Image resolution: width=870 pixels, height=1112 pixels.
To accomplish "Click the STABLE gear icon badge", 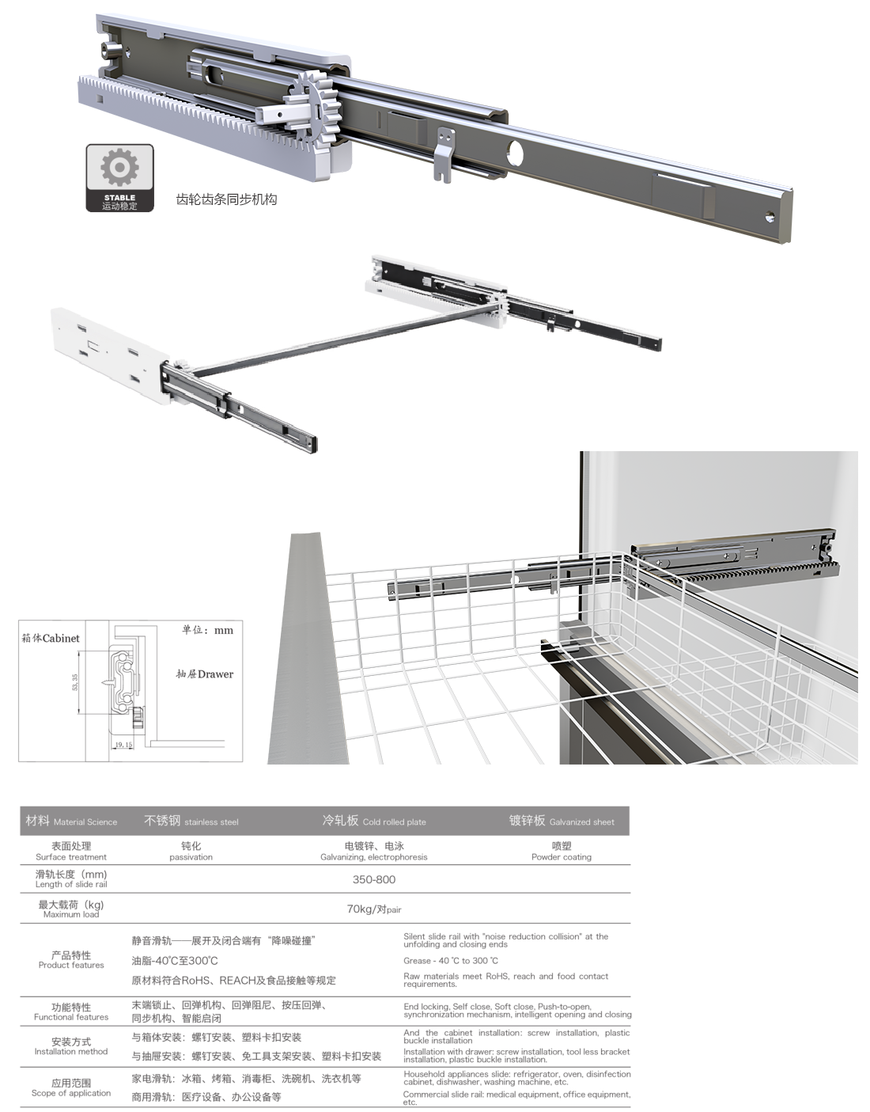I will click(x=119, y=177).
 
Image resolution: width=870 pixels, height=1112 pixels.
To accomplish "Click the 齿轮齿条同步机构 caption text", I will click(x=226, y=199).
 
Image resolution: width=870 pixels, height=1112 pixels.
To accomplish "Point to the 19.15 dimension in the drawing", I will click(x=123, y=745).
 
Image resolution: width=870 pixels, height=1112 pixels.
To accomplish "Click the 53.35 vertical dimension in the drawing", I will click(x=75, y=682).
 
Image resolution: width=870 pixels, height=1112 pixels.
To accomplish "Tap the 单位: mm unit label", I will click(x=207, y=630).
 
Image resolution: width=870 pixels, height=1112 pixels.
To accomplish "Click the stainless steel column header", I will click(x=191, y=821).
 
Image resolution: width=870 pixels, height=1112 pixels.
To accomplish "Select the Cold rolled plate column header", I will click(x=373, y=821).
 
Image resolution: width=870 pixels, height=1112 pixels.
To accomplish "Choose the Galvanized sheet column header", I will click(x=561, y=821).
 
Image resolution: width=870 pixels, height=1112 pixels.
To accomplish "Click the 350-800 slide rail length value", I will click(x=374, y=879).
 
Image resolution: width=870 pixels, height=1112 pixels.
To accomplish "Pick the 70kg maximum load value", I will click(x=373, y=909).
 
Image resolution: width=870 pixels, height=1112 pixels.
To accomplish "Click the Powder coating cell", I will click(x=561, y=851).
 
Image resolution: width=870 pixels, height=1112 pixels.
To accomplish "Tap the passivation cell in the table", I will click(x=191, y=851).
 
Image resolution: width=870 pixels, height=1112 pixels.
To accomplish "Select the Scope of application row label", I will click(x=71, y=1087).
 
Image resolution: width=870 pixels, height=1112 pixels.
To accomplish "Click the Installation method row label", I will click(x=71, y=1046).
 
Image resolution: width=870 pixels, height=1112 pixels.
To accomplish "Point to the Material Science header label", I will click(x=71, y=821).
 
